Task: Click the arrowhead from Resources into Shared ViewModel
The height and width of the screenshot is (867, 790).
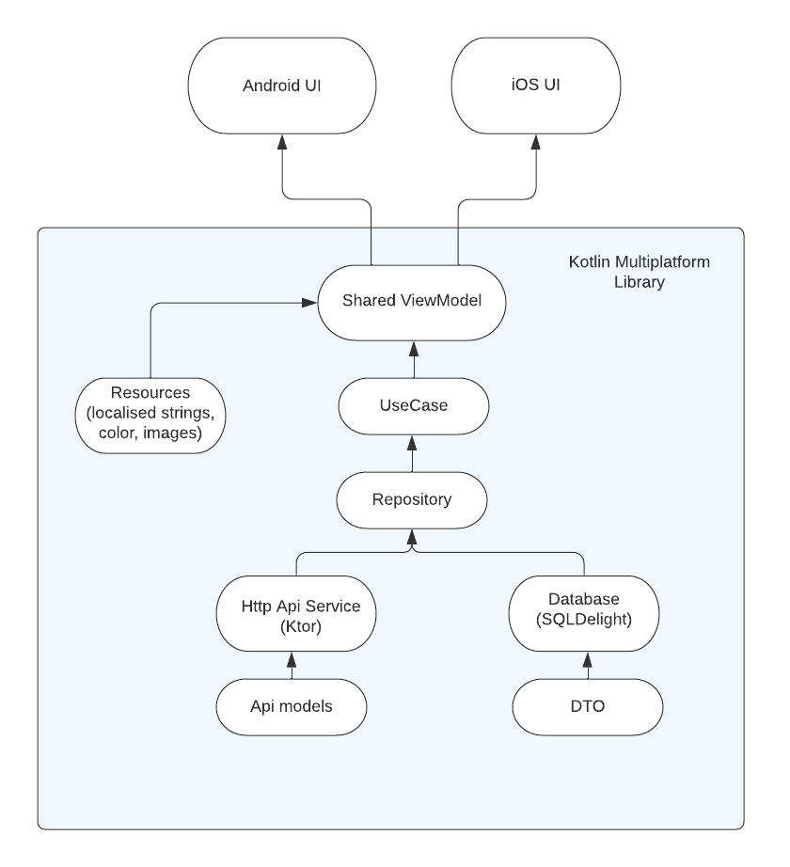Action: (308, 303)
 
